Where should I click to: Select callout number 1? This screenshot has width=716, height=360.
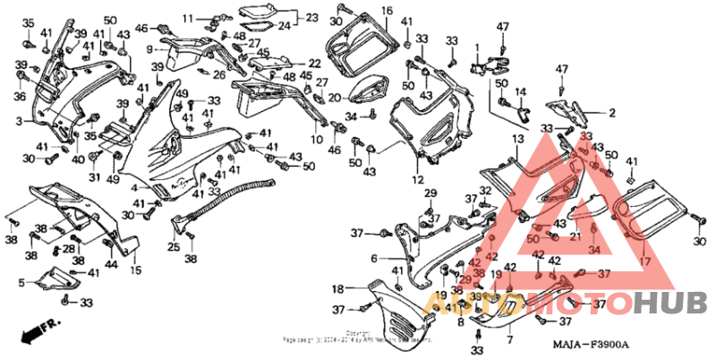[478, 47]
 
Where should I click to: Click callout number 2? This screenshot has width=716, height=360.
[613, 113]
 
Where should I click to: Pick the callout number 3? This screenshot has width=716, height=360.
[18, 120]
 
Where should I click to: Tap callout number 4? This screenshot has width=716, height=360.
[134, 188]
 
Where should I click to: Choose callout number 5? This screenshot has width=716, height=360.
[21, 283]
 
